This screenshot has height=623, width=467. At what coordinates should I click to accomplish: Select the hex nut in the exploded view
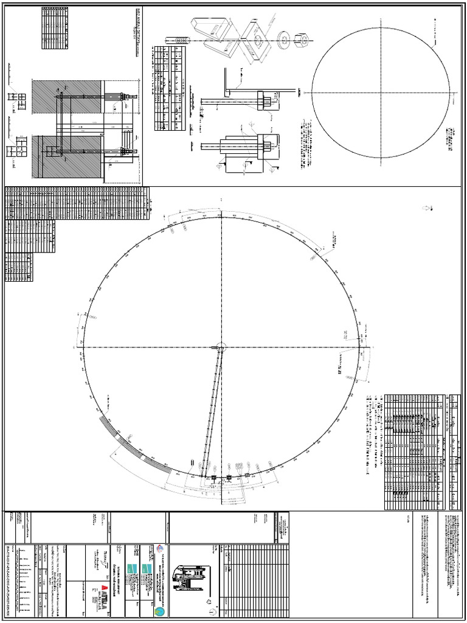tap(300, 40)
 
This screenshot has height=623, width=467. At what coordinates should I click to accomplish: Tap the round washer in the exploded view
tap(283, 38)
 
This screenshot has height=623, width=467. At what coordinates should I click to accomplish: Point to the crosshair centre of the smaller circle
tap(381, 92)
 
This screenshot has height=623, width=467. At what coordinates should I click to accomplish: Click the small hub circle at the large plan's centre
tap(221, 347)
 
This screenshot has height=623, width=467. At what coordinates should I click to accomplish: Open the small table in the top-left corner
tap(55, 27)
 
